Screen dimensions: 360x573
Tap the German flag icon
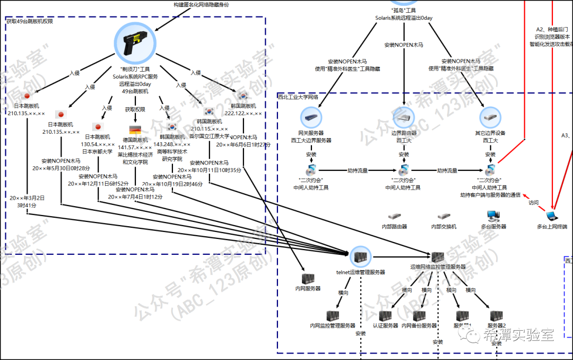pos(135,130)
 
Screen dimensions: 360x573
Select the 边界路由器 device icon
pos(404,117)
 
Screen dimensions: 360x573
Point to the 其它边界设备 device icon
pos(490,117)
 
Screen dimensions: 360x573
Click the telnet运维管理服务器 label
pos(360,272)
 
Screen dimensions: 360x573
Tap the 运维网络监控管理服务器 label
pos(437,267)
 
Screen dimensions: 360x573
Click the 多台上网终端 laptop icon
pos(552,216)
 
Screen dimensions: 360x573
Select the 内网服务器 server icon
pos(308,279)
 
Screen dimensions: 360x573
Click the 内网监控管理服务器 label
pos(333,325)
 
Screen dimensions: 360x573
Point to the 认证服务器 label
pos(385,325)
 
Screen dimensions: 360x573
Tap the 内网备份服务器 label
pos(419,325)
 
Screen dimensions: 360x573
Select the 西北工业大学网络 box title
pos(298,97)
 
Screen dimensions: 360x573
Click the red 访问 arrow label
pos(533,202)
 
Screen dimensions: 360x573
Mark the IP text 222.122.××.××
pos(243,113)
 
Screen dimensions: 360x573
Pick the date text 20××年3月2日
pos(27,198)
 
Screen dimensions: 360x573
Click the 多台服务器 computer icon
pos(493,216)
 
